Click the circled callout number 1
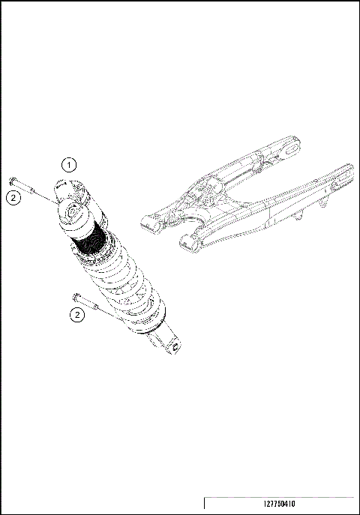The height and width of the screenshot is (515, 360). [x=68, y=164]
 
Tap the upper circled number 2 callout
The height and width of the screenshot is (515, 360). [x=13, y=197]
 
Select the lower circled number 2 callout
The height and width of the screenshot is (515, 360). [x=76, y=315]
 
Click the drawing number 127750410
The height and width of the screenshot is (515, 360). [x=280, y=505]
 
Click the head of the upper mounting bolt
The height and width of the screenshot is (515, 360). [x=13, y=181]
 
